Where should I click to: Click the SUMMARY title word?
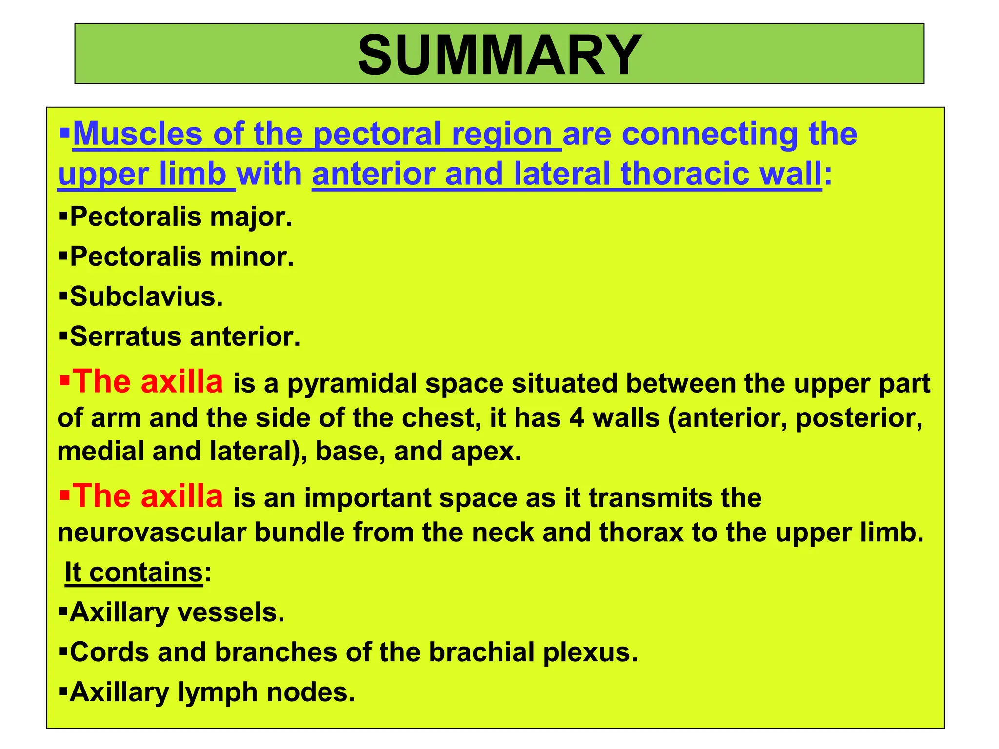click(x=499, y=54)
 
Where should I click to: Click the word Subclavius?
click(x=146, y=296)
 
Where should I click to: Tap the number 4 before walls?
click(x=577, y=417)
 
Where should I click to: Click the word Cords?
click(x=109, y=652)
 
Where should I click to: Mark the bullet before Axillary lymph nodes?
click(x=62, y=691)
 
